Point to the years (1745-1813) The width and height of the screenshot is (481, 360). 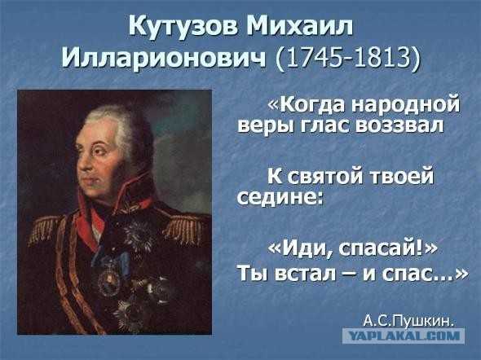click(x=349, y=59)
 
